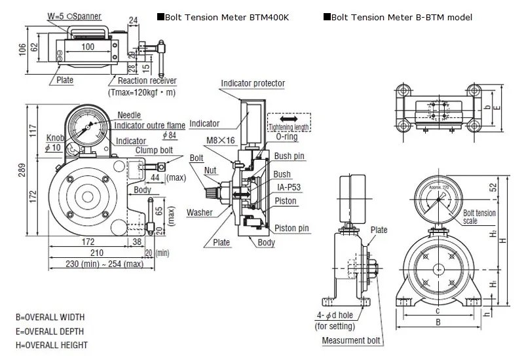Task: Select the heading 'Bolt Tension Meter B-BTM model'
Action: pyautogui.click(x=402, y=18)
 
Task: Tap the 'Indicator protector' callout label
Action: pyautogui.click(x=253, y=84)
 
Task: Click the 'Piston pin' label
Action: pyautogui.click(x=292, y=228)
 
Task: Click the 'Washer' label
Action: pyautogui.click(x=199, y=213)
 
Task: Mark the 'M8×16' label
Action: pyautogui.click(x=220, y=140)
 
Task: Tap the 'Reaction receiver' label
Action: pyautogui.click(x=147, y=81)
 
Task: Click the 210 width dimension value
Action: pyautogui.click(x=96, y=253)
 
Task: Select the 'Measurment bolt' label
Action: pyautogui.click(x=351, y=340)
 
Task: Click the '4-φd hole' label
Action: pyautogui.click(x=339, y=315)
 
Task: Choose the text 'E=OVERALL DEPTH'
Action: pyautogui.click(x=50, y=331)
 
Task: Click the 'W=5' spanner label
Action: pyautogui.click(x=56, y=15)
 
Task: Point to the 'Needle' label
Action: pyautogui.click(x=129, y=115)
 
